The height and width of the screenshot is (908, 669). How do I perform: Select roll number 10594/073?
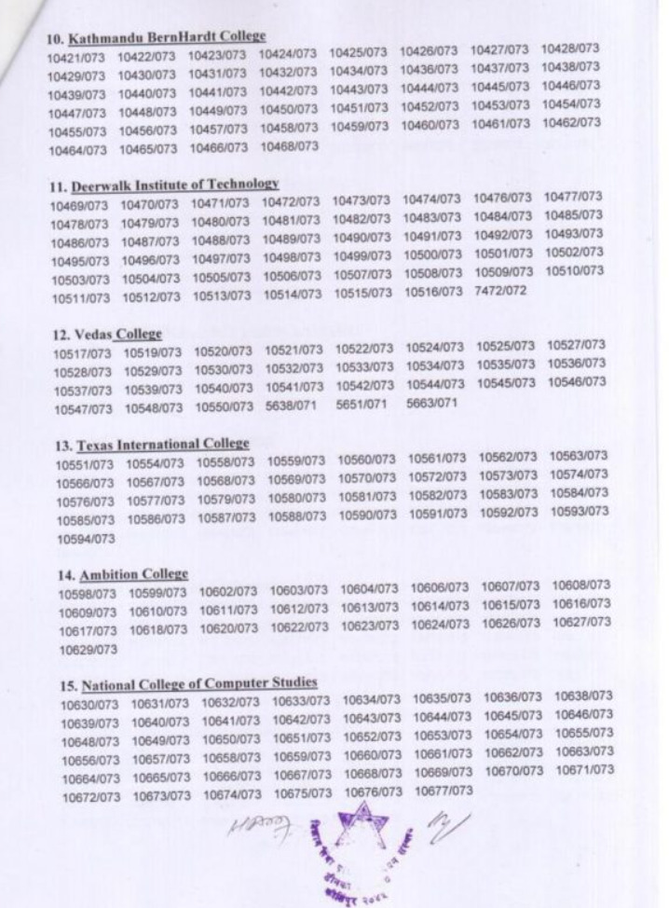point(81,539)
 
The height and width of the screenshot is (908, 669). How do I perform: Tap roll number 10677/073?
point(440,791)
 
